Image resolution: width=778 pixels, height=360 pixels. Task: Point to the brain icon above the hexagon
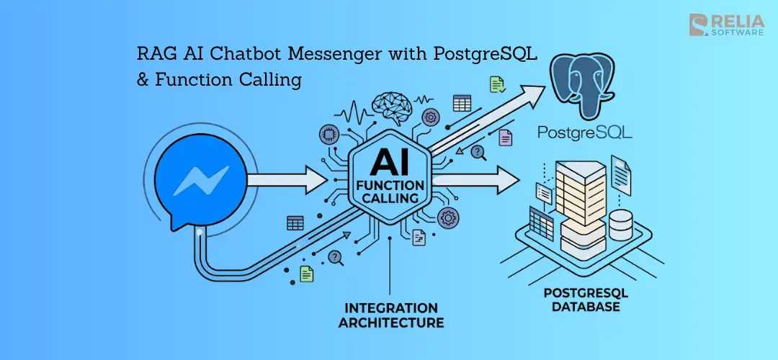(x=391, y=109)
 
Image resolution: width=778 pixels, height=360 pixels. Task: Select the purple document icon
(x=506, y=137)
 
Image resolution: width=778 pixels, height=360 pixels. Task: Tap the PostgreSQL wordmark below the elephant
(x=585, y=132)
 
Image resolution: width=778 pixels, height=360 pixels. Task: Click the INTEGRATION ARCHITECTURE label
(x=390, y=315)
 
